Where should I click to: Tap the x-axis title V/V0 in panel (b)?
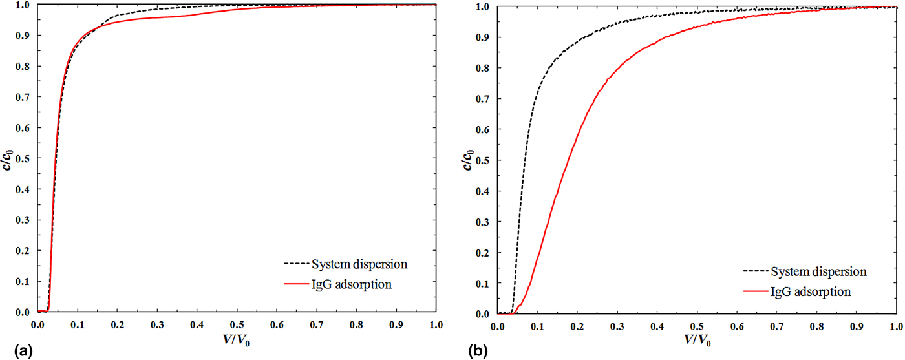(x=697, y=341)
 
